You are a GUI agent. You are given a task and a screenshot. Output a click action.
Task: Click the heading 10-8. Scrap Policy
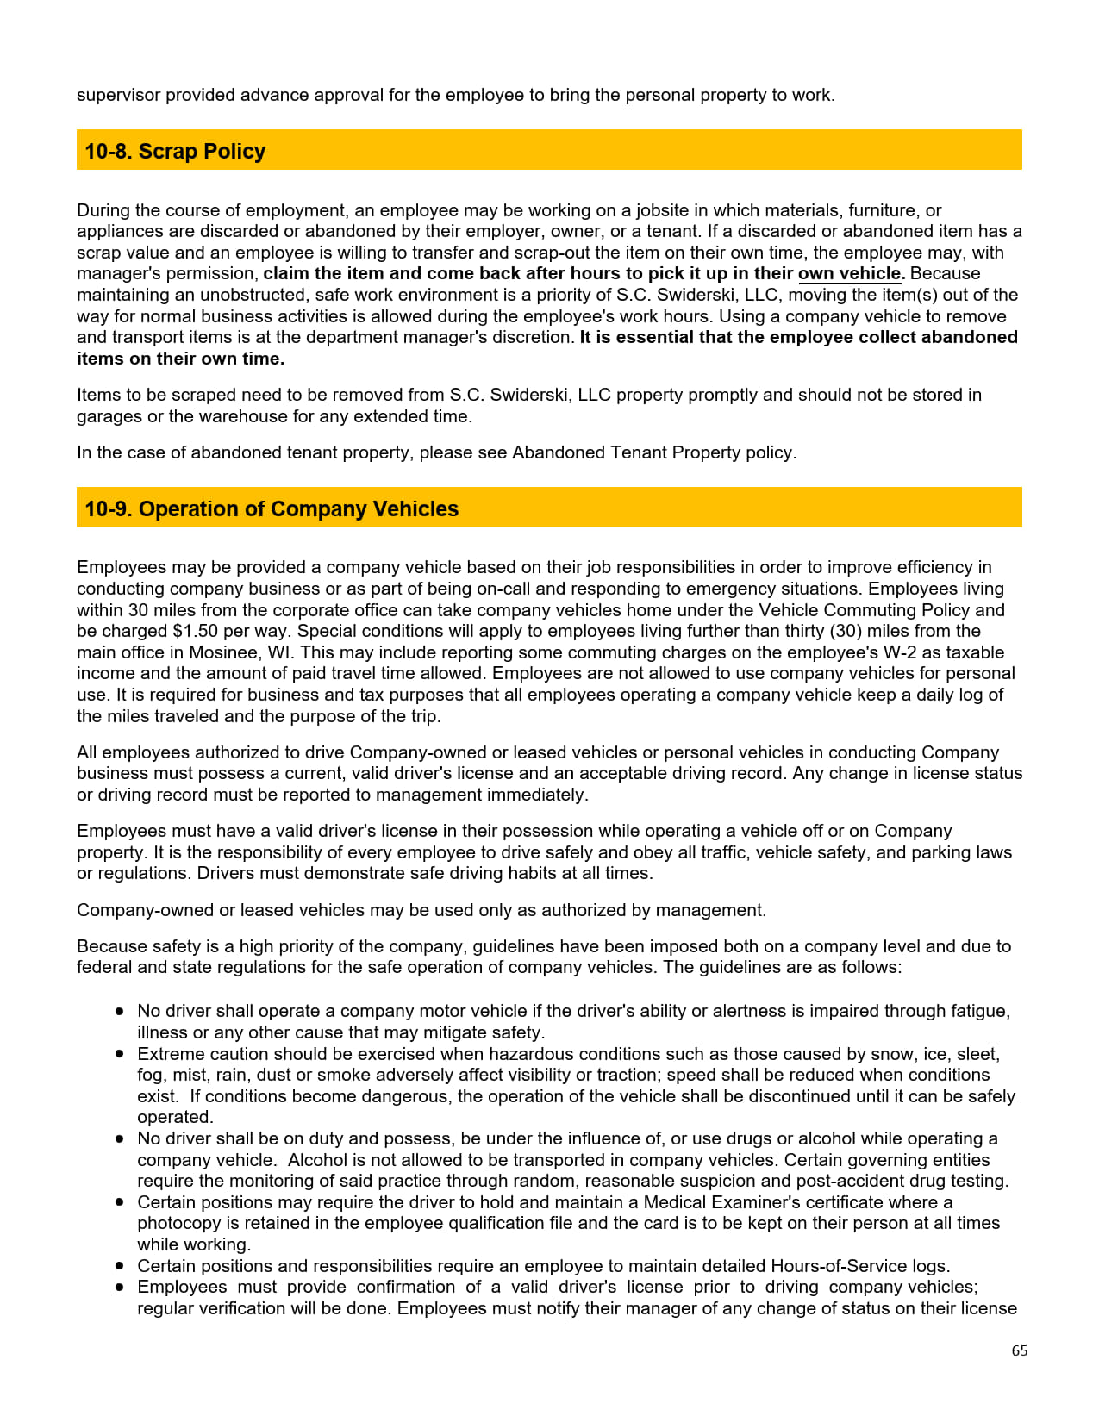[175, 151]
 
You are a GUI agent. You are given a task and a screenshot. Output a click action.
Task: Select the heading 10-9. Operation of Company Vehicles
[272, 508]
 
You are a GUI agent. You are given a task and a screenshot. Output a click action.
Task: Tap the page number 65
[1019, 1350]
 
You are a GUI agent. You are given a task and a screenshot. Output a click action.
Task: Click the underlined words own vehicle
[850, 273]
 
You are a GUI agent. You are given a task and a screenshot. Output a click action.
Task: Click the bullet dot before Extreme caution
[120, 1054]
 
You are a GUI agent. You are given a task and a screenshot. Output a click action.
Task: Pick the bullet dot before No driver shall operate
[120, 1011]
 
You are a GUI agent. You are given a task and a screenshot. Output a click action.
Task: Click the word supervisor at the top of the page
[118, 95]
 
